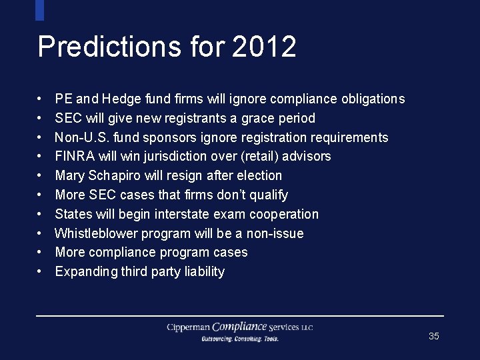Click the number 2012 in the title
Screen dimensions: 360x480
[265, 47]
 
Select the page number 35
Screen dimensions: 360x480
[434, 336]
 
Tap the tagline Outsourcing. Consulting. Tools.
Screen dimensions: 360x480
[240, 339]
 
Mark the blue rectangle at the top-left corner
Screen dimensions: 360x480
[39, 9]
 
